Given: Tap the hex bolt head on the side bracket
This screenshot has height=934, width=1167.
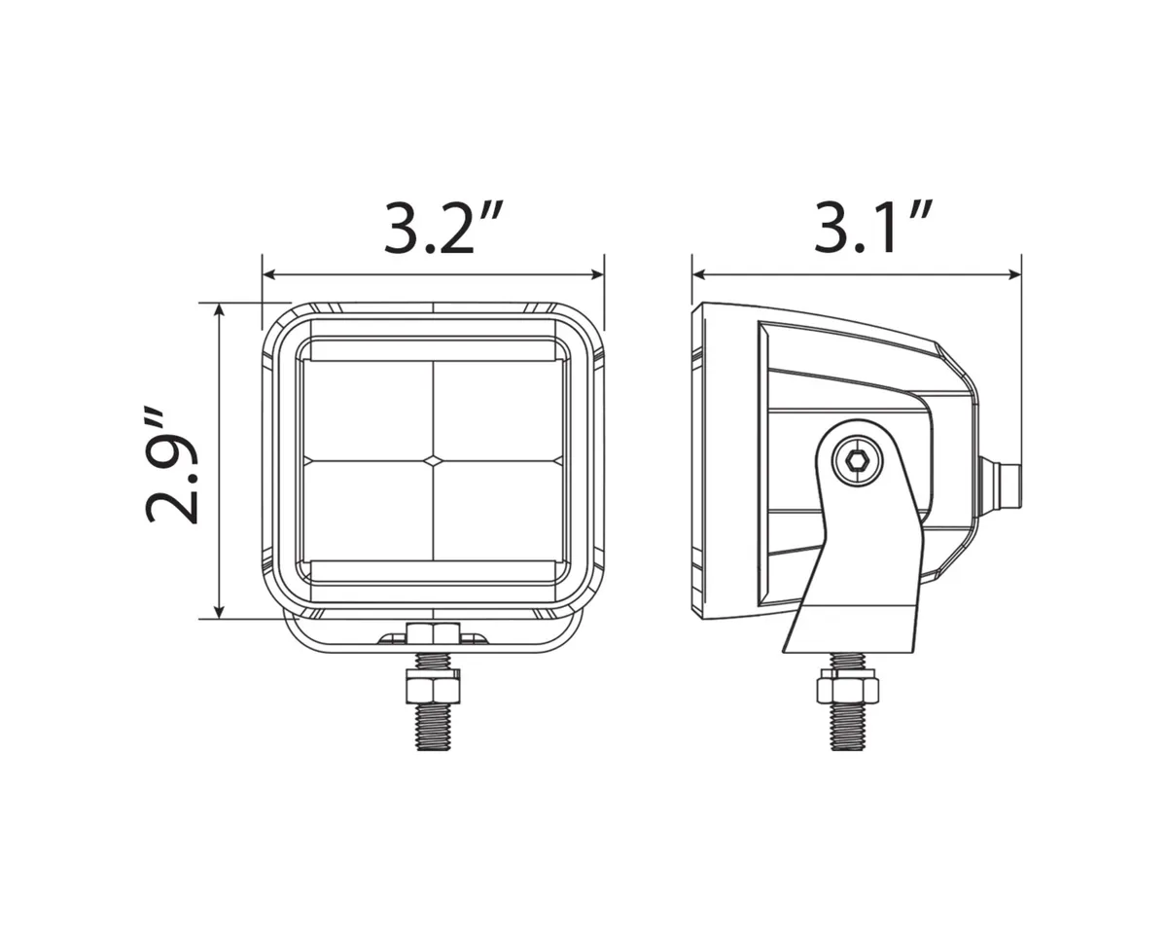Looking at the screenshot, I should pyautogui.click(x=857, y=461).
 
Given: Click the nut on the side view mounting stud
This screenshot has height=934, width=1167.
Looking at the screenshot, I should pyautogui.click(x=847, y=689).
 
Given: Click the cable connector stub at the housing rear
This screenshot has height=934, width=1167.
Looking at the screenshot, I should pyautogui.click(x=1005, y=484).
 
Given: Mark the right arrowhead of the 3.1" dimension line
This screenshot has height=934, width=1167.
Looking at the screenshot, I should pyautogui.click(x=1014, y=275).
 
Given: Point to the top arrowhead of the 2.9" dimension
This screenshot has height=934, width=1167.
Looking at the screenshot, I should pyautogui.click(x=220, y=310).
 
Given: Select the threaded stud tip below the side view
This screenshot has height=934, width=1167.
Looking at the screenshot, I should pyautogui.click(x=847, y=736).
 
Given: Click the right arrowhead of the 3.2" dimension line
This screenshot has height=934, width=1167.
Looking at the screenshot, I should pyautogui.click(x=597, y=275).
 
